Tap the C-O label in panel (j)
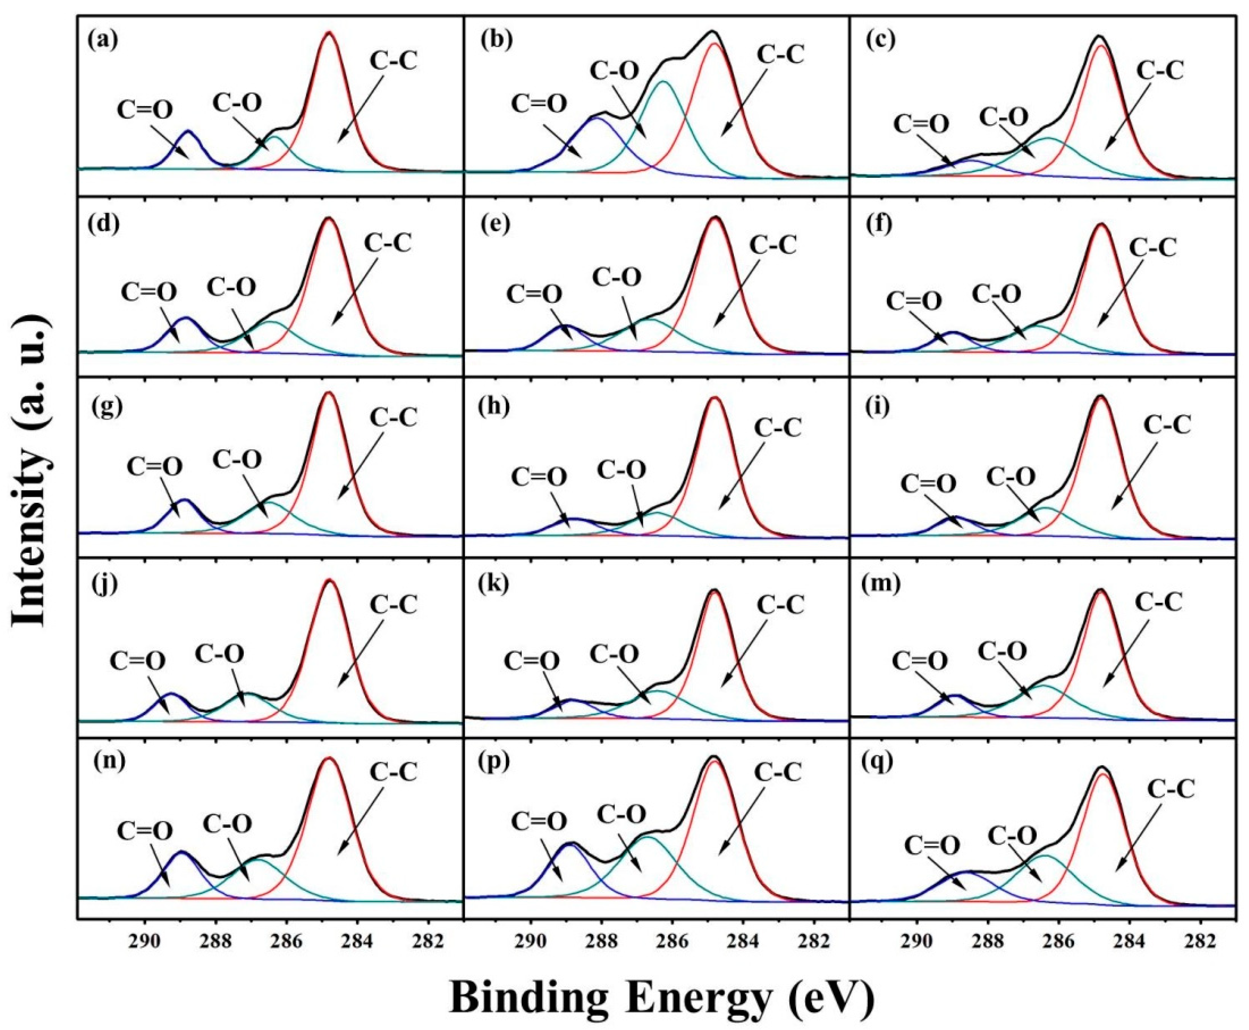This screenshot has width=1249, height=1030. click(x=220, y=654)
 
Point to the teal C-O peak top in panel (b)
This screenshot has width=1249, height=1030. click(x=664, y=82)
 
